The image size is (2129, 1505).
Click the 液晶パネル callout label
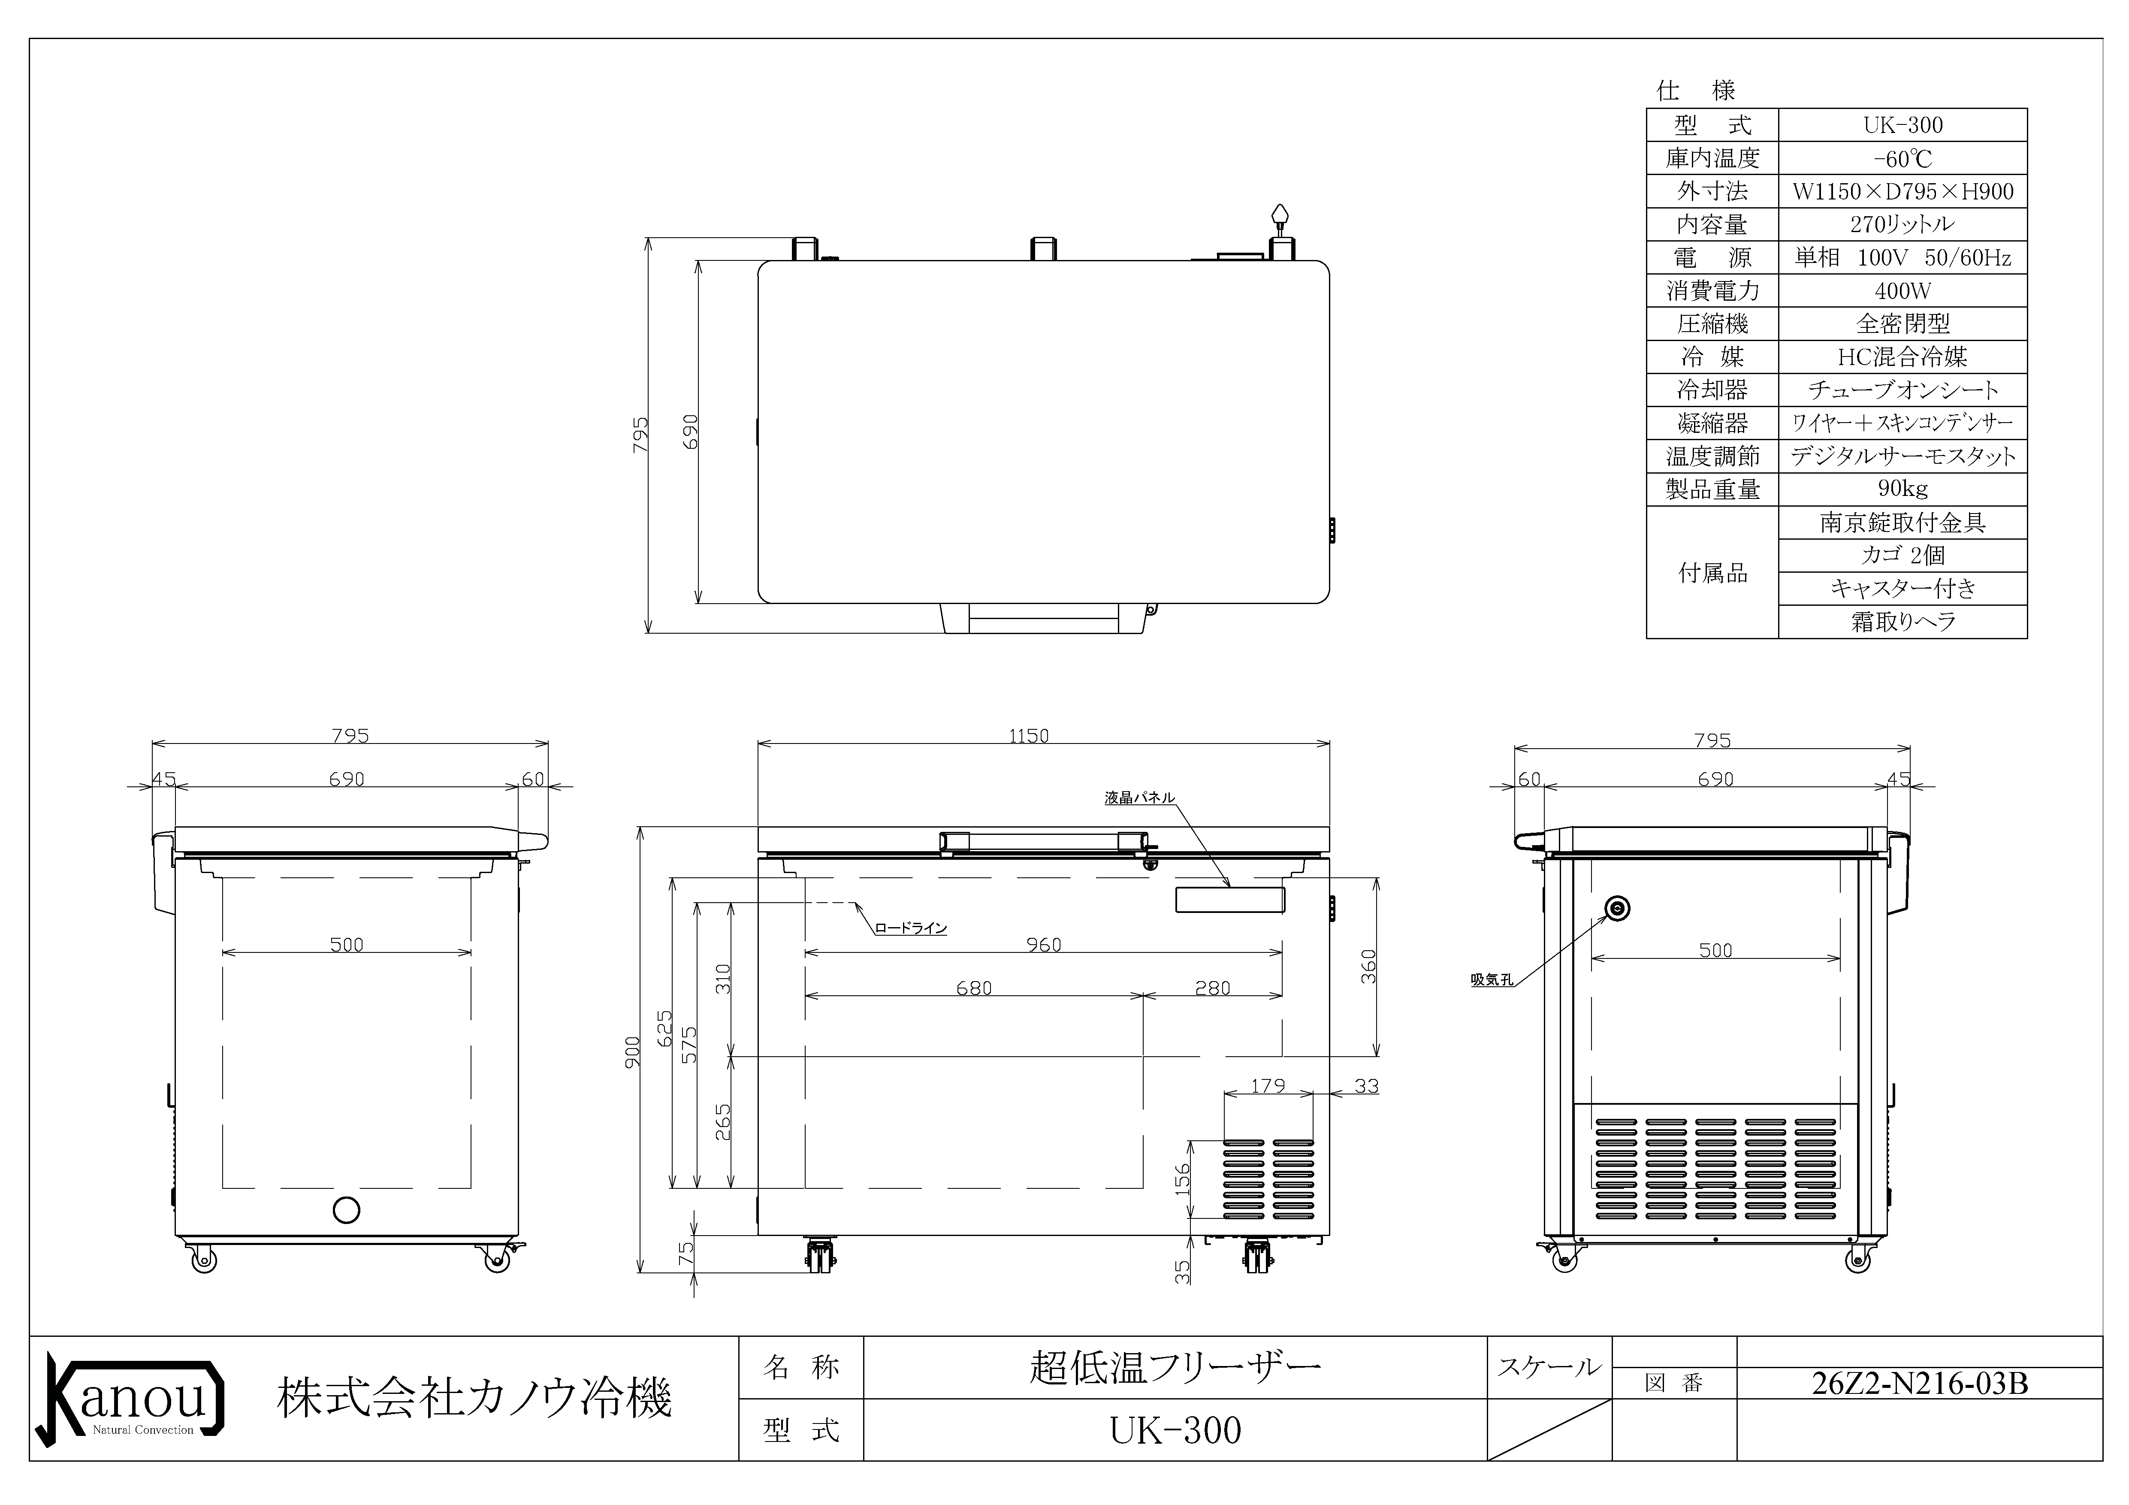[1140, 798]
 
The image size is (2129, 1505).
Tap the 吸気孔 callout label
[1492, 979]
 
